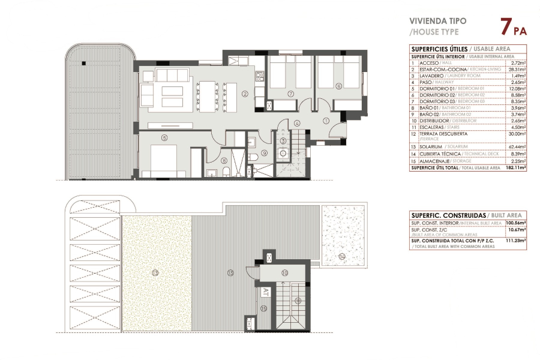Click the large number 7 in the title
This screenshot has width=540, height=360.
506,26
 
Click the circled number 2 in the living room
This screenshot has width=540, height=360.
245,94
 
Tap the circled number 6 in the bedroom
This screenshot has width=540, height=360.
338,86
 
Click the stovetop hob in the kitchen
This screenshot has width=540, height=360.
259,76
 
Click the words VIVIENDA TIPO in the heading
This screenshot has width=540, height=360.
437,20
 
